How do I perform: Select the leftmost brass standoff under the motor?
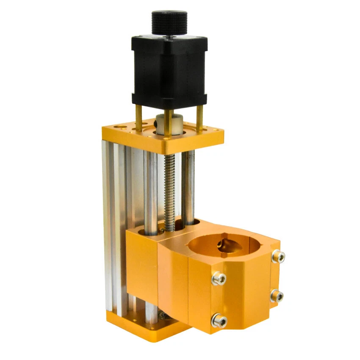pos(138,117)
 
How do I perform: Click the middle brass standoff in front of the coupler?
pos(168,123)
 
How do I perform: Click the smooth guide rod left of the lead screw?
pos(150,186)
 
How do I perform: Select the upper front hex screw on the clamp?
pos(219,278)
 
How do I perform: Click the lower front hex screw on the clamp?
pos(219,321)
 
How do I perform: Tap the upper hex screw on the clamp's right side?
pos(278,256)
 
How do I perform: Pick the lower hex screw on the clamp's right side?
pos(277,295)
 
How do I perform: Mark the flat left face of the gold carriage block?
pos(142,267)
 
